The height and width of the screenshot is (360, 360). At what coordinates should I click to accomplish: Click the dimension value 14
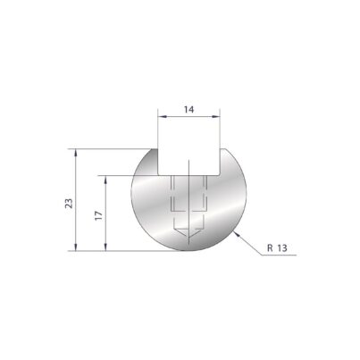pos(188,110)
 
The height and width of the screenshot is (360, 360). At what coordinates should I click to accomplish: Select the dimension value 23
pos(69,204)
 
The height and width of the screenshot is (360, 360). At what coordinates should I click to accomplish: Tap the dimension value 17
pos(99,215)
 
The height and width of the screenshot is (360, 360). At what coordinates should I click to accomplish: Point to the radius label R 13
pos(277,247)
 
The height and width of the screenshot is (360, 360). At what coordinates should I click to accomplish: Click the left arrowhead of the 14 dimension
pos(162,117)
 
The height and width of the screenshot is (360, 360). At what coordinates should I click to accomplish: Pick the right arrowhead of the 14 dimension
pos(216,117)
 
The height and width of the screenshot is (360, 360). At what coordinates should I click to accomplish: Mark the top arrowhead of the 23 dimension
pos(76,153)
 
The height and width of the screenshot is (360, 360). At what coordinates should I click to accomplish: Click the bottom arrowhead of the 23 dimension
pos(76,247)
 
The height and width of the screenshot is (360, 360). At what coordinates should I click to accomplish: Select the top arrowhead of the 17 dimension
pos(105,180)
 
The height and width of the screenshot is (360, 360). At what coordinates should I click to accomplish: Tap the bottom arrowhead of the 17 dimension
pos(105,247)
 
